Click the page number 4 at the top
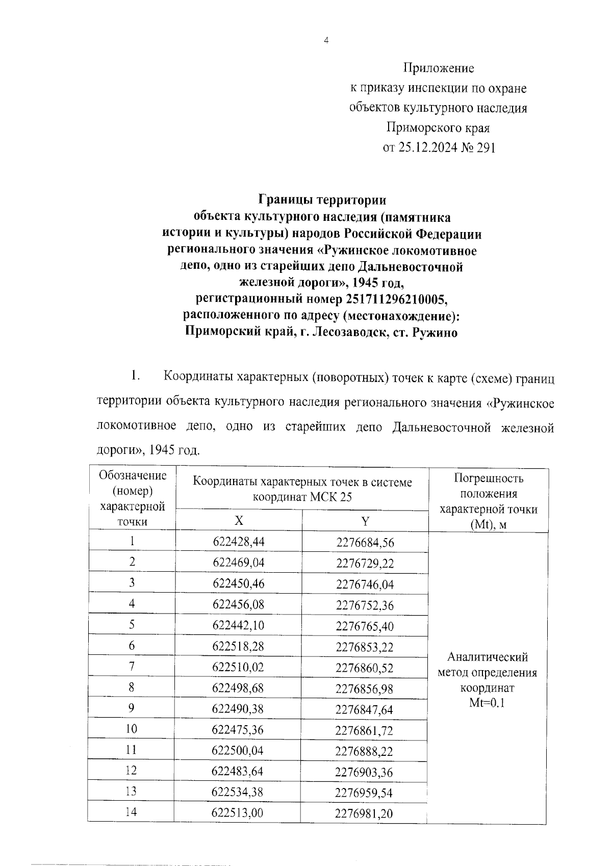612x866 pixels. coord(326,41)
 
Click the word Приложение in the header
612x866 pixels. coord(439,68)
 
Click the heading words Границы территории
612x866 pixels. coord(322,200)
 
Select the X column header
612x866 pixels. coord(238,521)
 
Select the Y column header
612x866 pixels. coord(365,521)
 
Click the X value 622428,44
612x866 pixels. coord(238,542)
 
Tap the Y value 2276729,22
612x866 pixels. coord(365,563)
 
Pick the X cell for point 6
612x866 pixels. coord(238,647)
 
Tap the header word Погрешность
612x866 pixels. coord(488,478)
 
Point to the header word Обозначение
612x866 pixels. coord(133,476)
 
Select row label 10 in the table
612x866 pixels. coord(131,729)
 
